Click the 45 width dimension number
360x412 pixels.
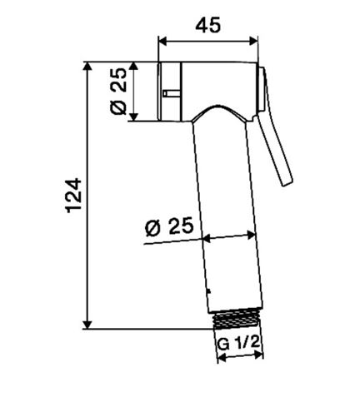point(208,24)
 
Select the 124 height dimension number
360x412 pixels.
point(74,196)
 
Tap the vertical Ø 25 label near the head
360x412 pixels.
point(118,92)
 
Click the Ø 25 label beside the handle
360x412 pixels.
point(169,226)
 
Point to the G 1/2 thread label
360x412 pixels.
point(238,344)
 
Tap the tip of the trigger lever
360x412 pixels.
point(287,183)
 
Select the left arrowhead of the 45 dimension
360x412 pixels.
point(162,41)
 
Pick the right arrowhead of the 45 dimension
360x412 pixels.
point(253,41)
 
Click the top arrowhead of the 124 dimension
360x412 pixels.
point(87,67)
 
